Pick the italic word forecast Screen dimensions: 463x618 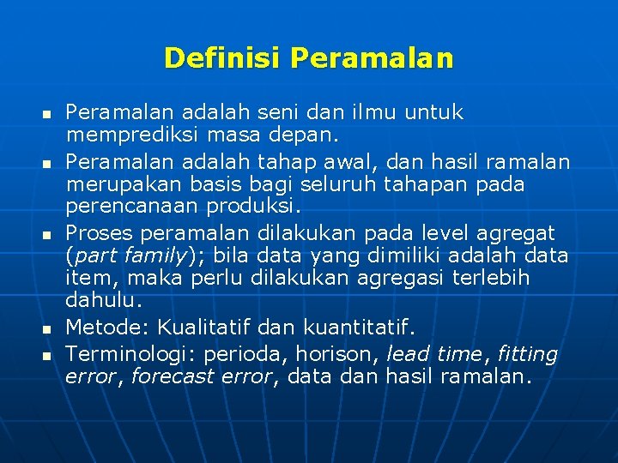pyautogui.click(x=171, y=377)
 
